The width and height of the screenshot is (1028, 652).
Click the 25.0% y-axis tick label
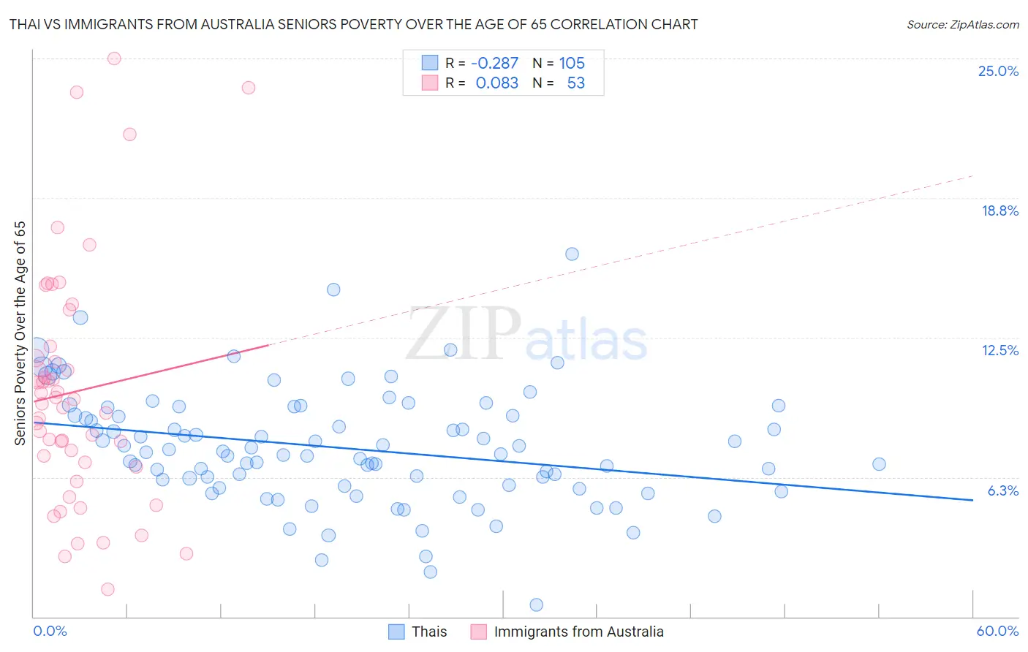tap(998, 71)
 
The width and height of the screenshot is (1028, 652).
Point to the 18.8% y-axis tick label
tap(999, 211)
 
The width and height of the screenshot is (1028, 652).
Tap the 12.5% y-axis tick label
tap(999, 350)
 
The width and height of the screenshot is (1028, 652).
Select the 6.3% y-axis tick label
tap(1002, 490)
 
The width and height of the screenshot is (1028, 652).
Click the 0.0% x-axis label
tap(50, 631)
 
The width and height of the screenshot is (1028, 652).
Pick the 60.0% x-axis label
tap(997, 631)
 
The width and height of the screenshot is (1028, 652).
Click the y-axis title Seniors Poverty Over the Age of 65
tap(20, 333)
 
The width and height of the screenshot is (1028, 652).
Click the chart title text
tap(353, 24)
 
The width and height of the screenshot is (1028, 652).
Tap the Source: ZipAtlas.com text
tap(962, 24)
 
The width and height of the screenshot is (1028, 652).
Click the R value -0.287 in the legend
tap(494, 63)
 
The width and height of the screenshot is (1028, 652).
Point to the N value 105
tap(572, 63)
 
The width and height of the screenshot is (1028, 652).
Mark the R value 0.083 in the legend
tap(496, 83)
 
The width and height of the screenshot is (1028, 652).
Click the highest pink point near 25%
tap(114, 58)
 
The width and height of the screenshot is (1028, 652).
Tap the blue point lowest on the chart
tap(536, 604)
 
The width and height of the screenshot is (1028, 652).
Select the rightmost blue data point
tap(879, 464)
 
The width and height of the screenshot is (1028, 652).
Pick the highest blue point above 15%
tap(572, 254)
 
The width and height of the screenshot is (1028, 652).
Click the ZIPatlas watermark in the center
tap(526, 335)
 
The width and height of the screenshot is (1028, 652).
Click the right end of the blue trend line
tap(972, 500)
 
